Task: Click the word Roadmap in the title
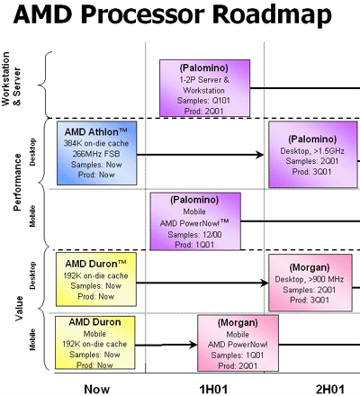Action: coord(272,15)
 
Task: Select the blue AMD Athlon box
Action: coord(97,153)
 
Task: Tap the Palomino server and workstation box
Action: coord(204,88)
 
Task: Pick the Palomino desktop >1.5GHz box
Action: coord(313,155)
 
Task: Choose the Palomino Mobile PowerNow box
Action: coord(195,221)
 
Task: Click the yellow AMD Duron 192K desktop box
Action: coord(96,279)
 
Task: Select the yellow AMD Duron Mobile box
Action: coord(94,343)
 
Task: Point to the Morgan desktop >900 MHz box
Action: coord(310,283)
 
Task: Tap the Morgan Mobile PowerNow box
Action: coord(238,343)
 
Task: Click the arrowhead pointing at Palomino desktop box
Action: coord(260,155)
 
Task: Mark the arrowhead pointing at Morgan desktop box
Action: coord(265,283)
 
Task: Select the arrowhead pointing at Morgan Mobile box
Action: coord(193,345)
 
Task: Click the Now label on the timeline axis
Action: coord(96,389)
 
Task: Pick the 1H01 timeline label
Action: coord(213,389)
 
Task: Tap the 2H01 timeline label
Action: coord(330,389)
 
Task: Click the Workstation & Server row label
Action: coord(11,79)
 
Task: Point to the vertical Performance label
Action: coord(17,182)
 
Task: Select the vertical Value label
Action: coord(19,309)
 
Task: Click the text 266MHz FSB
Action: coord(96,154)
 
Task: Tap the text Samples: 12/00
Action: coord(194,234)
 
